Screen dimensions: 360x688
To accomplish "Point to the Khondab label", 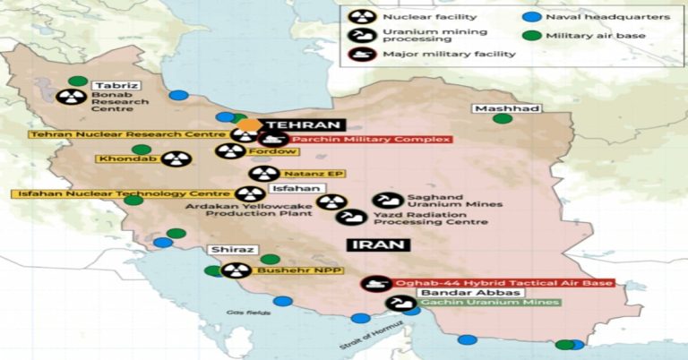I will pyautogui.click(x=129, y=159).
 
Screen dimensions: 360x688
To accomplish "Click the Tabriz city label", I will pyautogui.click(x=117, y=86).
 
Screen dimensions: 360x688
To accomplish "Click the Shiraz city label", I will pyautogui.click(x=233, y=250).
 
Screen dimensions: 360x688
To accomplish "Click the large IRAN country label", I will pyautogui.click(x=380, y=244).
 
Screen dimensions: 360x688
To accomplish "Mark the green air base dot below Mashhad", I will pyautogui.click(x=503, y=118).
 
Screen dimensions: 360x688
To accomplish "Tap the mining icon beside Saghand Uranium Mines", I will pyautogui.click(x=387, y=200).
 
